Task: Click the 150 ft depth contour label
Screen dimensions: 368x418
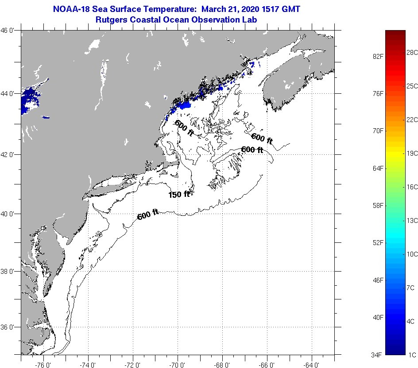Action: point(179,194)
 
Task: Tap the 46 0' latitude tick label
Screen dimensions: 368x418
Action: point(10,31)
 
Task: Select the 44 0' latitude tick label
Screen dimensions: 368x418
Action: point(10,94)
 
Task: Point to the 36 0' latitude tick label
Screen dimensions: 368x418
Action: point(10,327)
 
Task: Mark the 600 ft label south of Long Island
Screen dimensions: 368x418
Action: point(148,215)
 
